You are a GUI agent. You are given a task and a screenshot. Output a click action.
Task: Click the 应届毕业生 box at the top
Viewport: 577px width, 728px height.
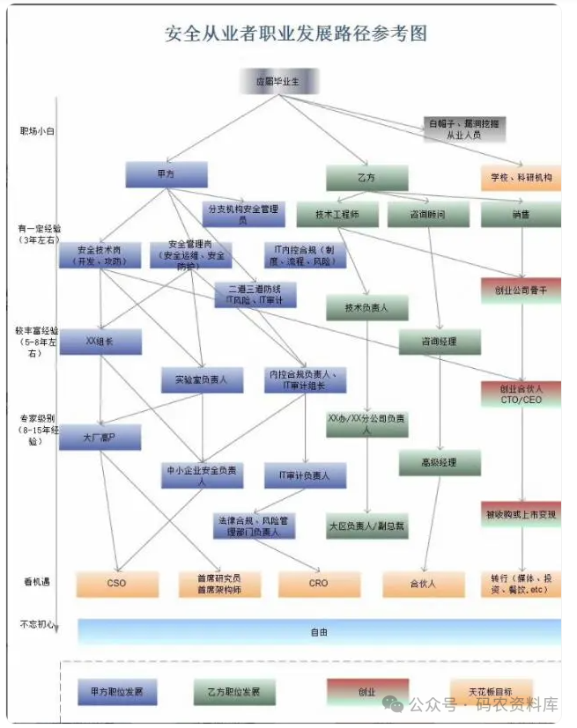(x=277, y=81)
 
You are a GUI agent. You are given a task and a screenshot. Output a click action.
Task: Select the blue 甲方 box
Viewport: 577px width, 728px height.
(x=166, y=174)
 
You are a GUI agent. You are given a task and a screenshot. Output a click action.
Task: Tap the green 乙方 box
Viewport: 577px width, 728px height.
(x=366, y=177)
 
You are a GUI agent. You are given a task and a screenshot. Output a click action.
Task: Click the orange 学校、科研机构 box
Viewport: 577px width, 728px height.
(x=521, y=177)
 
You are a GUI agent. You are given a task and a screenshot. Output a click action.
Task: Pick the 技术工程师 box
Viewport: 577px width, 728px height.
(x=337, y=214)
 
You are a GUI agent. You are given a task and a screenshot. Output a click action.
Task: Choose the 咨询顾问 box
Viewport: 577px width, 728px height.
(x=428, y=214)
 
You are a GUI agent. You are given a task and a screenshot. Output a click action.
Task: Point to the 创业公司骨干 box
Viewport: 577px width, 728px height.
(x=521, y=290)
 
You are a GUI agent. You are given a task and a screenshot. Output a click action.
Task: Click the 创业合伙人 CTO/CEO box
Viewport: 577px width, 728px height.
(x=521, y=393)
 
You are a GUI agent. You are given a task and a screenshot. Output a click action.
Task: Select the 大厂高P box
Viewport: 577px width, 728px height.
(x=100, y=437)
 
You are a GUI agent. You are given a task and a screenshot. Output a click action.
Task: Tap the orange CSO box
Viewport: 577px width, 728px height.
(x=117, y=583)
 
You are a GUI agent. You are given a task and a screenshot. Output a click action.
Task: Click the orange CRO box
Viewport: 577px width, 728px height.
(x=319, y=583)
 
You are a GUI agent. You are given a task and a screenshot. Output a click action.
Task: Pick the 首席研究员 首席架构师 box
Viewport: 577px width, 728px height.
(x=219, y=584)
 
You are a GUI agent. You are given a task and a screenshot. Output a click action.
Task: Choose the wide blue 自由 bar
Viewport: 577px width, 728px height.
(x=319, y=631)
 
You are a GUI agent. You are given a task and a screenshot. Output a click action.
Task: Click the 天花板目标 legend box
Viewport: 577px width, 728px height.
(x=492, y=691)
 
